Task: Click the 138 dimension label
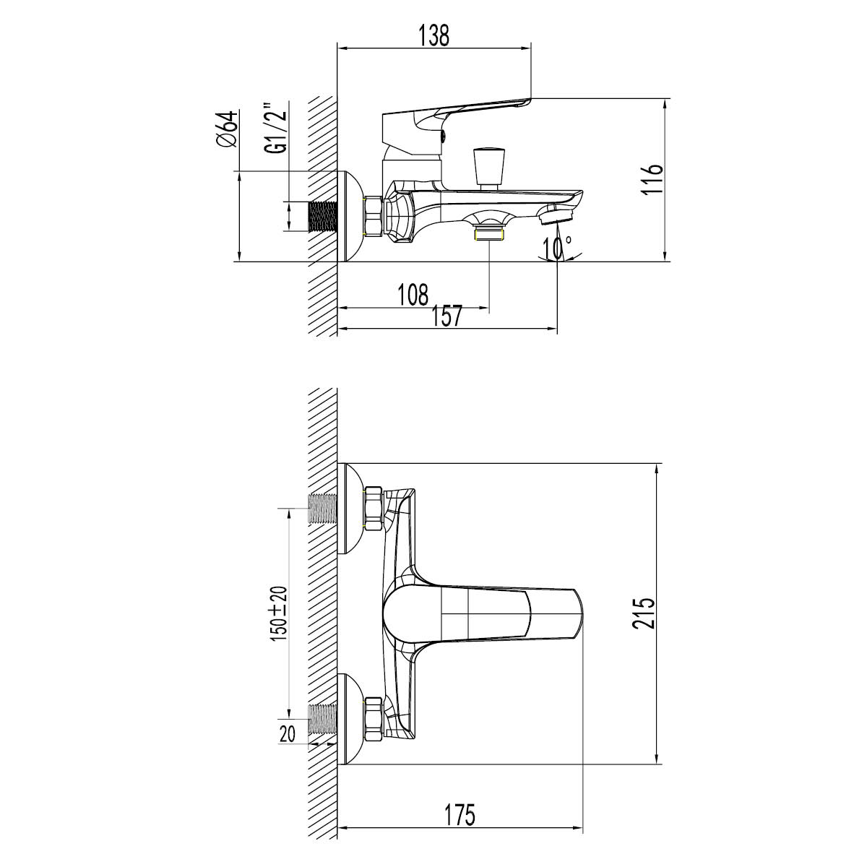point(434,35)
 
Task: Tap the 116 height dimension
point(652,178)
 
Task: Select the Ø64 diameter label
point(226,128)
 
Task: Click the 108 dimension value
point(413,295)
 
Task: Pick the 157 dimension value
point(447,316)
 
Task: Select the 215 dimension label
point(644,613)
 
